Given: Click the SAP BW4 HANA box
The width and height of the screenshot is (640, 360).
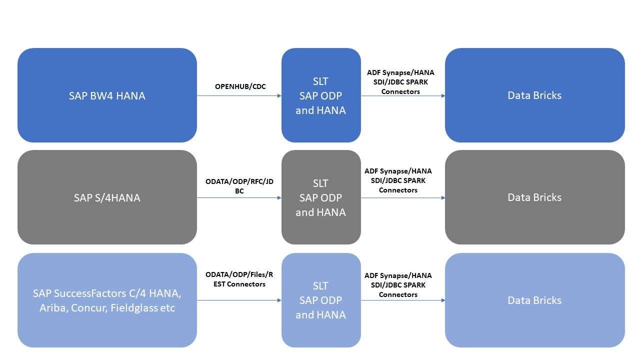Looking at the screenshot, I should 107,95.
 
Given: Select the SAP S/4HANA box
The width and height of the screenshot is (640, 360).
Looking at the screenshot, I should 107,197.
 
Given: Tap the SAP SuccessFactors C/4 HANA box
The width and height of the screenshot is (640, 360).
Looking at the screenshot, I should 107,300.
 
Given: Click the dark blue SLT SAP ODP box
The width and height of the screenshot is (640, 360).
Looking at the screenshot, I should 320,95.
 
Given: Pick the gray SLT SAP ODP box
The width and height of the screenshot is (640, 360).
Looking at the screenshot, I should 320,197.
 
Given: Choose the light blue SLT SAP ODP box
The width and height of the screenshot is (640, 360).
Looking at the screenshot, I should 320,300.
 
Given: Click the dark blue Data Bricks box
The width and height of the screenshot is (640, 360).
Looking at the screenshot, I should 534,95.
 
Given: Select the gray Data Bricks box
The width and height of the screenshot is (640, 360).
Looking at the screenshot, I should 534,197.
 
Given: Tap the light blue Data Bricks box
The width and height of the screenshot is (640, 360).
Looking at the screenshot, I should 534,300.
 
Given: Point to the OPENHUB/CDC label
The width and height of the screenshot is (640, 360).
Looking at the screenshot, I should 240,86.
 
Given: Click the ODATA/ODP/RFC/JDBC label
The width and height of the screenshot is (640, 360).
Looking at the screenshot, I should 239,186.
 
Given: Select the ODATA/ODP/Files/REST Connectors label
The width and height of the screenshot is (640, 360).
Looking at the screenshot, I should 239,279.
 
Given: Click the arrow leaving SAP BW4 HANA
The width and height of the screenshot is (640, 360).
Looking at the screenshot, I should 239,95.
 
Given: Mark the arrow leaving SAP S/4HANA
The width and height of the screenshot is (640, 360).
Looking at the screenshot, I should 239,197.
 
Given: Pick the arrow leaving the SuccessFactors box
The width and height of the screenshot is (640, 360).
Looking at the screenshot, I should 239,300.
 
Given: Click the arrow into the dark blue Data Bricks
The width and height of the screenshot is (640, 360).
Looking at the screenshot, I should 403,95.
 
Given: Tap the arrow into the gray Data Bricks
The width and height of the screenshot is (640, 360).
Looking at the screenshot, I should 403,197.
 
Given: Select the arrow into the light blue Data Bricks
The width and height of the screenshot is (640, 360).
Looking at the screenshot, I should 403,300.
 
